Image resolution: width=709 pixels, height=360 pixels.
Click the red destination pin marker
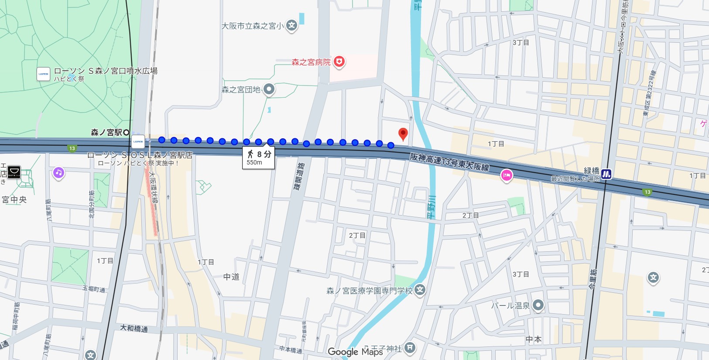403,133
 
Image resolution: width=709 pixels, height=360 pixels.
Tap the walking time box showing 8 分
259,158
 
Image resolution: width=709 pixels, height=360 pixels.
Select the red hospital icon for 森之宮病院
339,62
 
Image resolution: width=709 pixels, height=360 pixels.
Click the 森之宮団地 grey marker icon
269,89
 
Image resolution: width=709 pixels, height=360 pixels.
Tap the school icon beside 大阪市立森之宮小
292,25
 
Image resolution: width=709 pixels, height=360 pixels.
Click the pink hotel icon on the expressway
506,175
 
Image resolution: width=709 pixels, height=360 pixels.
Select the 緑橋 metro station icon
606,174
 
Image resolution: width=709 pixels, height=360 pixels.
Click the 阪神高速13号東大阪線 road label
449,162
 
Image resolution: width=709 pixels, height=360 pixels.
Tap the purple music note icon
58,173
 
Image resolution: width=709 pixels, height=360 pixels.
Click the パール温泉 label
510,305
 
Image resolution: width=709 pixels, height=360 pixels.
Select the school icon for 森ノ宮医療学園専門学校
420,290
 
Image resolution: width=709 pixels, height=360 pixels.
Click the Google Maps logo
355,352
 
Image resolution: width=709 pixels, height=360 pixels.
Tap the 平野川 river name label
431,208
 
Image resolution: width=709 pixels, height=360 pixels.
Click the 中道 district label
231,277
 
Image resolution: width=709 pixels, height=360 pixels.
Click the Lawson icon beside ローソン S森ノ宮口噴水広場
43,74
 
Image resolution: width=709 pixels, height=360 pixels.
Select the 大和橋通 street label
134,328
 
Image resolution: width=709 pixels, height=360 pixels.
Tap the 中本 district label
533,339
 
